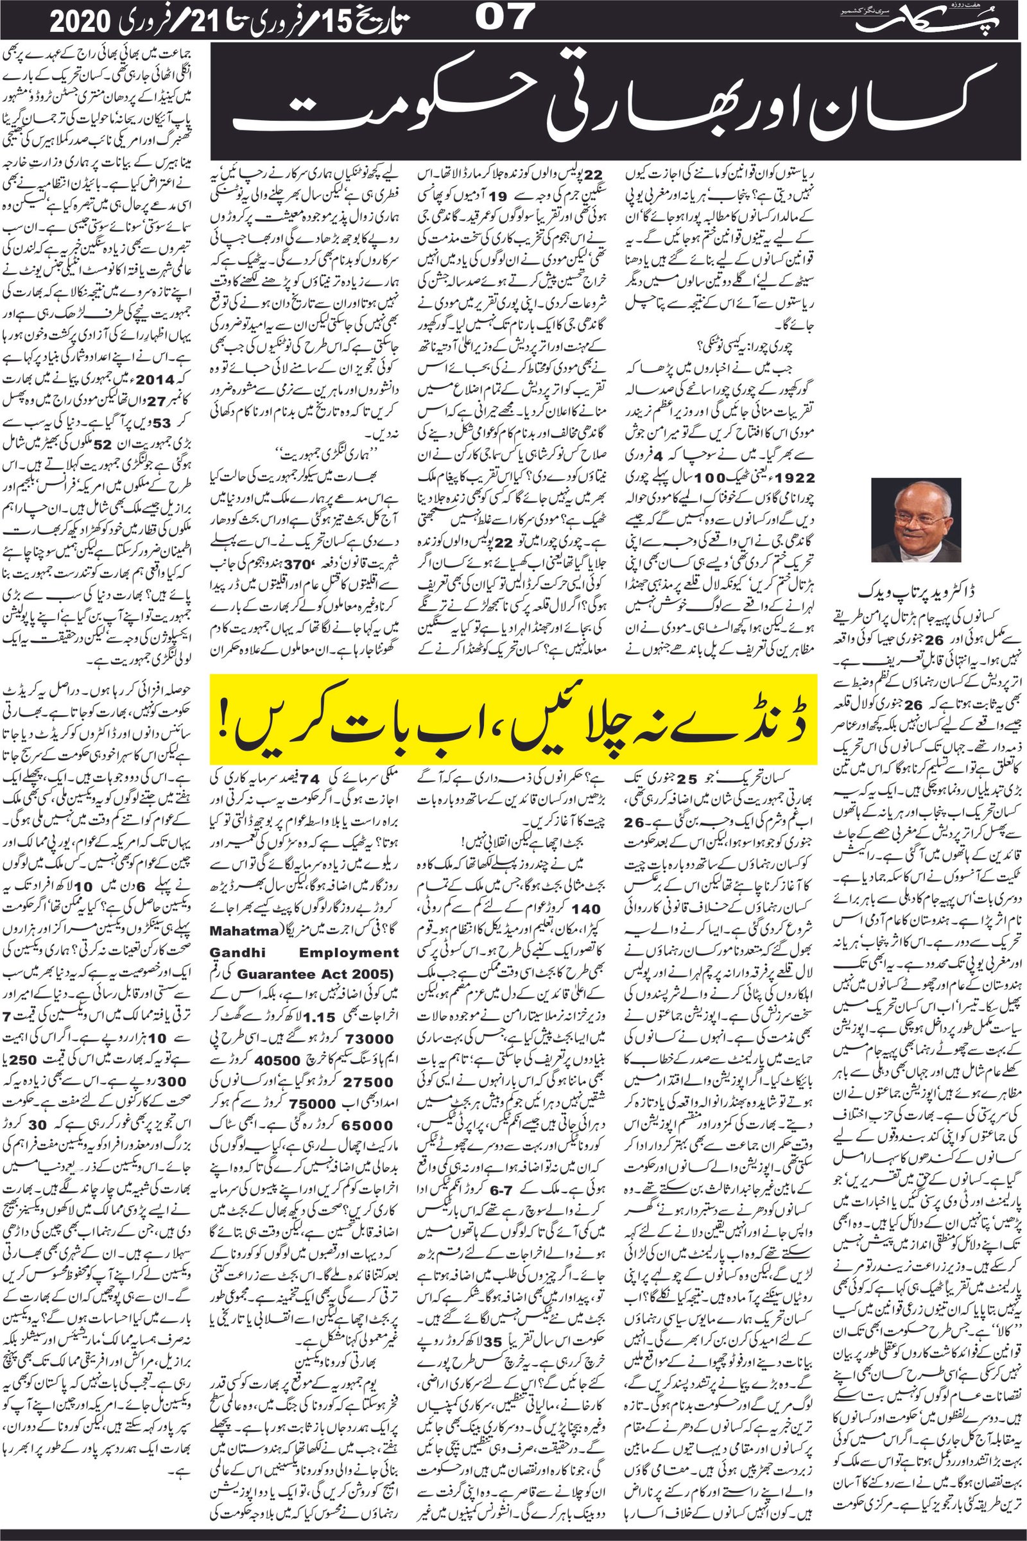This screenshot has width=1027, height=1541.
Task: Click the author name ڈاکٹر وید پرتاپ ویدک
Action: coord(917,591)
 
